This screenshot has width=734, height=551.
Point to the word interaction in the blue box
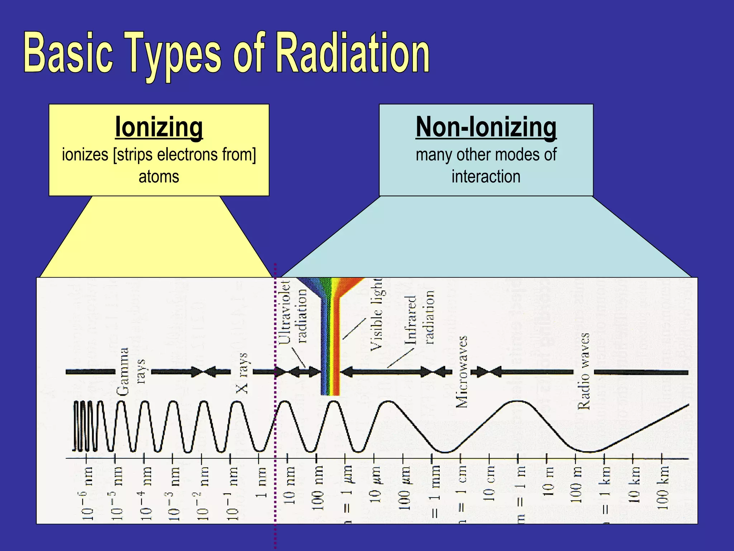[x=486, y=177]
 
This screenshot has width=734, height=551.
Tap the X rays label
[x=242, y=373]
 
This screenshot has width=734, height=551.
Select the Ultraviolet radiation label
[x=293, y=312]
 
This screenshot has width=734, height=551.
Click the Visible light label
[x=376, y=314]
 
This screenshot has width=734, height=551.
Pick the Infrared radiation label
[x=419, y=317]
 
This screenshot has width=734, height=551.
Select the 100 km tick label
[x=663, y=488]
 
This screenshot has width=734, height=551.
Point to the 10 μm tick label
[x=375, y=484]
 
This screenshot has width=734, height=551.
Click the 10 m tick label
[x=547, y=482]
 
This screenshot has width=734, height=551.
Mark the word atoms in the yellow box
[x=159, y=177]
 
